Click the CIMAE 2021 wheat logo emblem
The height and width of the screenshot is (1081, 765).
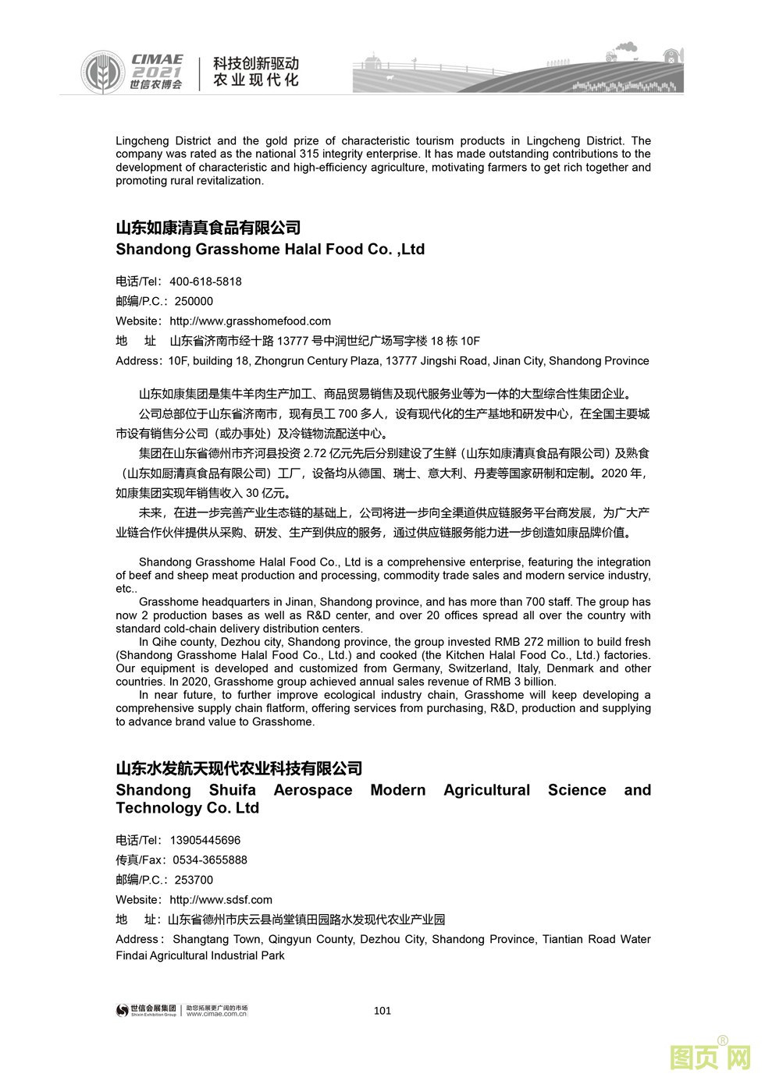coord(101,71)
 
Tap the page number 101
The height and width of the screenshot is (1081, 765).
coord(382,1011)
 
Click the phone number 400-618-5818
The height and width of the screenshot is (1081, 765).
coord(205,282)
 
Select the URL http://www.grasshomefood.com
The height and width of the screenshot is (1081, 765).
coord(250,321)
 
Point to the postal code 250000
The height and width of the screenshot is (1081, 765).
coord(194,301)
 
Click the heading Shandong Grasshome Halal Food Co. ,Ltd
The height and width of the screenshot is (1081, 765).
coord(270,250)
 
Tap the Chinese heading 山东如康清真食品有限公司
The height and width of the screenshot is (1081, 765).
coord(208,228)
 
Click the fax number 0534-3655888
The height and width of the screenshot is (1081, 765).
coord(210,860)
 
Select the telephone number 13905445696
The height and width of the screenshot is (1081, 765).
coord(205,841)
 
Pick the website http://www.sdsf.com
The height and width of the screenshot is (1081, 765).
coord(221,900)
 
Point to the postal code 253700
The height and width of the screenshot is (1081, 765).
coord(194,880)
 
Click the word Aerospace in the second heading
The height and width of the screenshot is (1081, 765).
coord(313,790)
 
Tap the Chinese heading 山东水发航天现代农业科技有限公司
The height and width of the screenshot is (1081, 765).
coord(239,768)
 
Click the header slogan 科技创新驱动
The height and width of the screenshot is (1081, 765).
coord(256,63)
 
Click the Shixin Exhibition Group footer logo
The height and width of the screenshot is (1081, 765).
coord(146,1010)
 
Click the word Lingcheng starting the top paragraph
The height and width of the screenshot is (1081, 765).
coord(141,141)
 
